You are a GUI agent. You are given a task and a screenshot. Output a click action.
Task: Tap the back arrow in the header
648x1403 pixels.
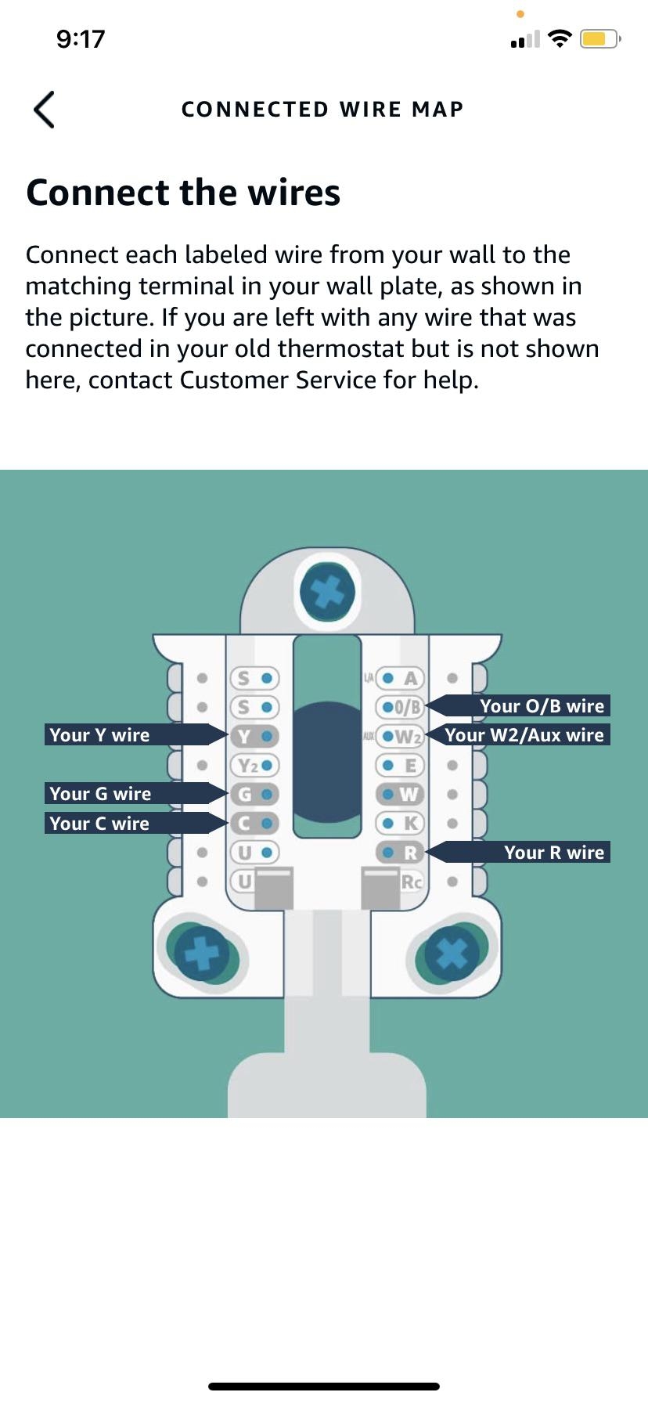click(x=44, y=110)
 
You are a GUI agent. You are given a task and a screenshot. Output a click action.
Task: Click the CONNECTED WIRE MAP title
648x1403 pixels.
click(x=322, y=110)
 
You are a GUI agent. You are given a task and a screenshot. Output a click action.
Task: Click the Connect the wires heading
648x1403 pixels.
click(x=183, y=193)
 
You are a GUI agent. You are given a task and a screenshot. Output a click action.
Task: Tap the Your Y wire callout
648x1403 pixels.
click(x=125, y=734)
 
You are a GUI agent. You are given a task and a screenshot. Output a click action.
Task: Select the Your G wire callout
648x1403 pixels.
click(x=125, y=793)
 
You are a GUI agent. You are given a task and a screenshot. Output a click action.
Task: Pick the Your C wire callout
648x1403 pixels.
click(x=125, y=823)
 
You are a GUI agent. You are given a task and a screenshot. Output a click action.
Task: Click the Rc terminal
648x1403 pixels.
click(x=410, y=882)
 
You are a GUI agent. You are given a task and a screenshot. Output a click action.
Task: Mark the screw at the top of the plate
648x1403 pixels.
click(x=327, y=591)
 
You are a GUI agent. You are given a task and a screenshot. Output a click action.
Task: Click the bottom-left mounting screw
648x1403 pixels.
click(x=202, y=954)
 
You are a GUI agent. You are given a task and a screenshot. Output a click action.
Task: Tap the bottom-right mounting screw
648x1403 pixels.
click(x=452, y=954)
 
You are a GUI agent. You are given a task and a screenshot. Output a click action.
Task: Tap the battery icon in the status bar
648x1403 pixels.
click(x=599, y=38)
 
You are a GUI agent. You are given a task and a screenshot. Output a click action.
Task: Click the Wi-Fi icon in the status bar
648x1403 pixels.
click(x=560, y=38)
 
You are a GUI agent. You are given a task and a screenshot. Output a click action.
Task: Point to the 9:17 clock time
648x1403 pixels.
click(x=81, y=39)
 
